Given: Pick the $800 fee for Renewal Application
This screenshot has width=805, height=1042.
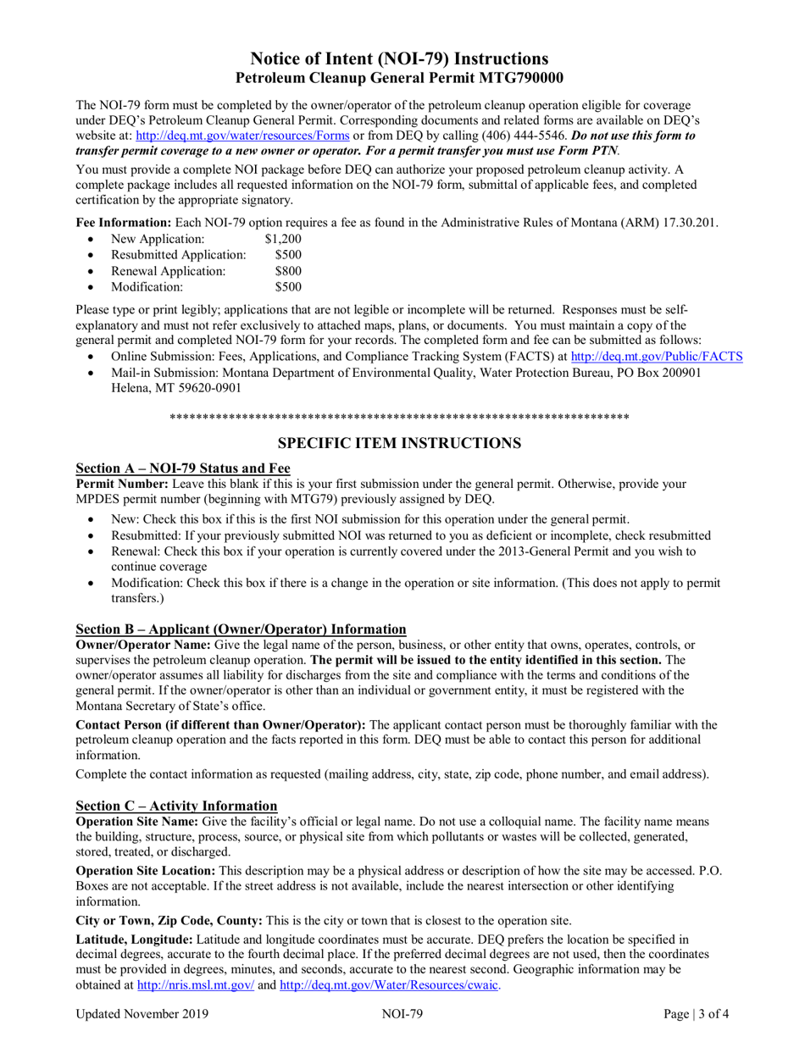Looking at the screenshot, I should pos(288,271).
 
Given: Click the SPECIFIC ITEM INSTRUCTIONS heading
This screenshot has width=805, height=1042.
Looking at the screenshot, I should pos(400,443).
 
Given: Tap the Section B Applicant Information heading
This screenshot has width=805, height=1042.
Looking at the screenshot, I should pos(241,629).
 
